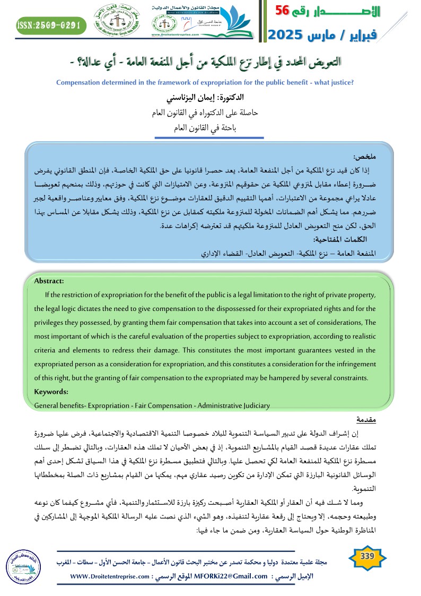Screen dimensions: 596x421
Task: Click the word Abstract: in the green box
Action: pyautogui.click(x=49, y=281)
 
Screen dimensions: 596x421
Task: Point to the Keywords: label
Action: pyautogui.click(x=51, y=392)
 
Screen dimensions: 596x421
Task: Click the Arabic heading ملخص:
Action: pyautogui.click(x=364, y=158)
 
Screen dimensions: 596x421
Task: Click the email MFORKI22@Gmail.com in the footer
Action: pyautogui.click(x=225, y=576)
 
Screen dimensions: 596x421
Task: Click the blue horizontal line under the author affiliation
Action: pyautogui.click(x=210, y=138)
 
